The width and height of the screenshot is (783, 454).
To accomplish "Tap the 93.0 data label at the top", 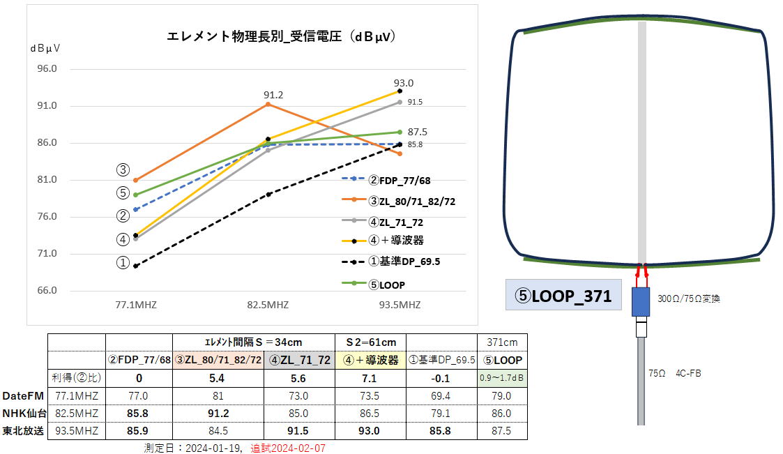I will tap(403, 82).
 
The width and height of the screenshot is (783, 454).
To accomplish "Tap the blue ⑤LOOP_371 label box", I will tap(563, 296).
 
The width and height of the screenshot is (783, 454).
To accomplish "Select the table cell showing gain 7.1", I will tap(370, 378).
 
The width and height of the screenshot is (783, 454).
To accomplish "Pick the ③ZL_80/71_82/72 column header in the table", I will tap(218, 361).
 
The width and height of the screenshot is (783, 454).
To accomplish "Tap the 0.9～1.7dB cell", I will tap(502, 378).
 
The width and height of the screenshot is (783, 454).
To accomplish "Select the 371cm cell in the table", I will tap(502, 342).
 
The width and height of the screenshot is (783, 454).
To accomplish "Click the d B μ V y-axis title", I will tap(45, 48).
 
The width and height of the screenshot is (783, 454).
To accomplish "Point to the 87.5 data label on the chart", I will tap(418, 132).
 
